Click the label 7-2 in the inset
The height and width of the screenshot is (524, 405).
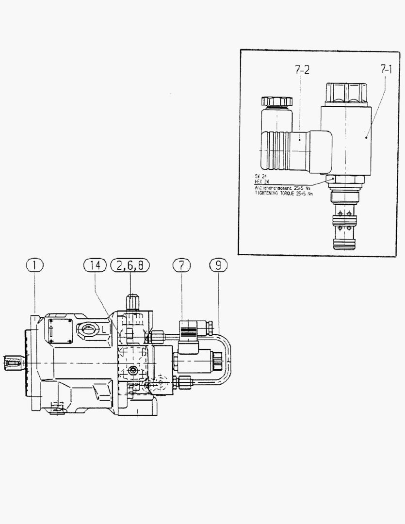pos(302,71)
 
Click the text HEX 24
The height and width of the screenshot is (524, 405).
pos(262,181)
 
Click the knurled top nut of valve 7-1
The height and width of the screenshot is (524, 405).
pos(346,93)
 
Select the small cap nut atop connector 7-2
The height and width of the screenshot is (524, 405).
pos(277,101)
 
